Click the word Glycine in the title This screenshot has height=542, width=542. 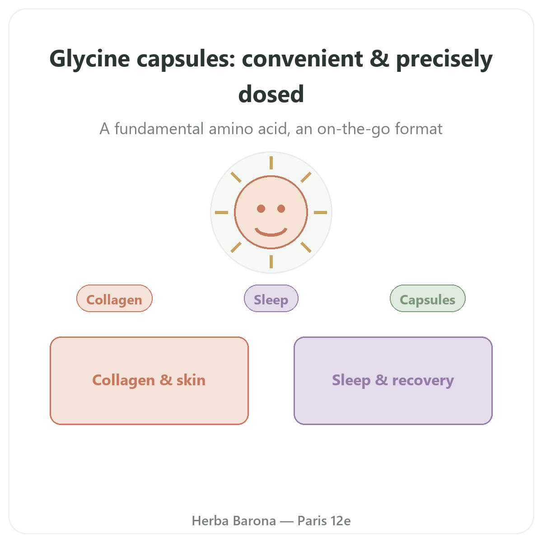[89, 60]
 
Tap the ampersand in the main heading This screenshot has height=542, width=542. [379, 59]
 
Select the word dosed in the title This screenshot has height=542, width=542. [271, 94]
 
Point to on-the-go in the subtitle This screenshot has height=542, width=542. [354, 129]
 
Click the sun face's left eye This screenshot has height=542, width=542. [261, 209]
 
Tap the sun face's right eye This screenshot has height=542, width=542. [281, 209]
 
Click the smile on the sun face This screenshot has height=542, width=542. [271, 233]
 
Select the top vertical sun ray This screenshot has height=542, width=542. [271, 163]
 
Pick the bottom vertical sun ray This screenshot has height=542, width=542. [271, 262]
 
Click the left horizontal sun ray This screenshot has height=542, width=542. [221, 212]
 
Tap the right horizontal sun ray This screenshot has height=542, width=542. [320, 212]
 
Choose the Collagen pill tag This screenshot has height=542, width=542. [114, 299]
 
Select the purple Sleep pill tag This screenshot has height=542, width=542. [271, 299]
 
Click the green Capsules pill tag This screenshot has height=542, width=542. [428, 299]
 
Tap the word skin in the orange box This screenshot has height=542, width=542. [191, 380]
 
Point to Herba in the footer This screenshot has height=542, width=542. [210, 521]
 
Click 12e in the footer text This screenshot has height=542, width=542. [341, 521]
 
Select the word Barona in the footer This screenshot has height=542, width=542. [255, 521]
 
